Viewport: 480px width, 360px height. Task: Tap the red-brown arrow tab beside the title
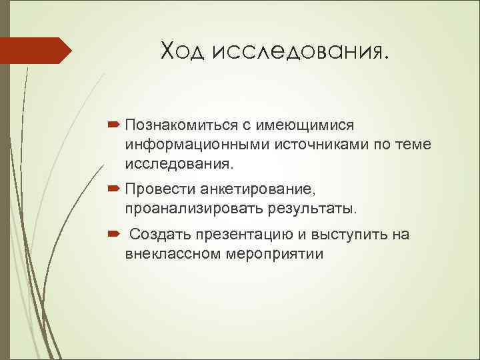pyautogui.click(x=36, y=51)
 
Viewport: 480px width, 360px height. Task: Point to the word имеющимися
pyautogui.click(x=297, y=125)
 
